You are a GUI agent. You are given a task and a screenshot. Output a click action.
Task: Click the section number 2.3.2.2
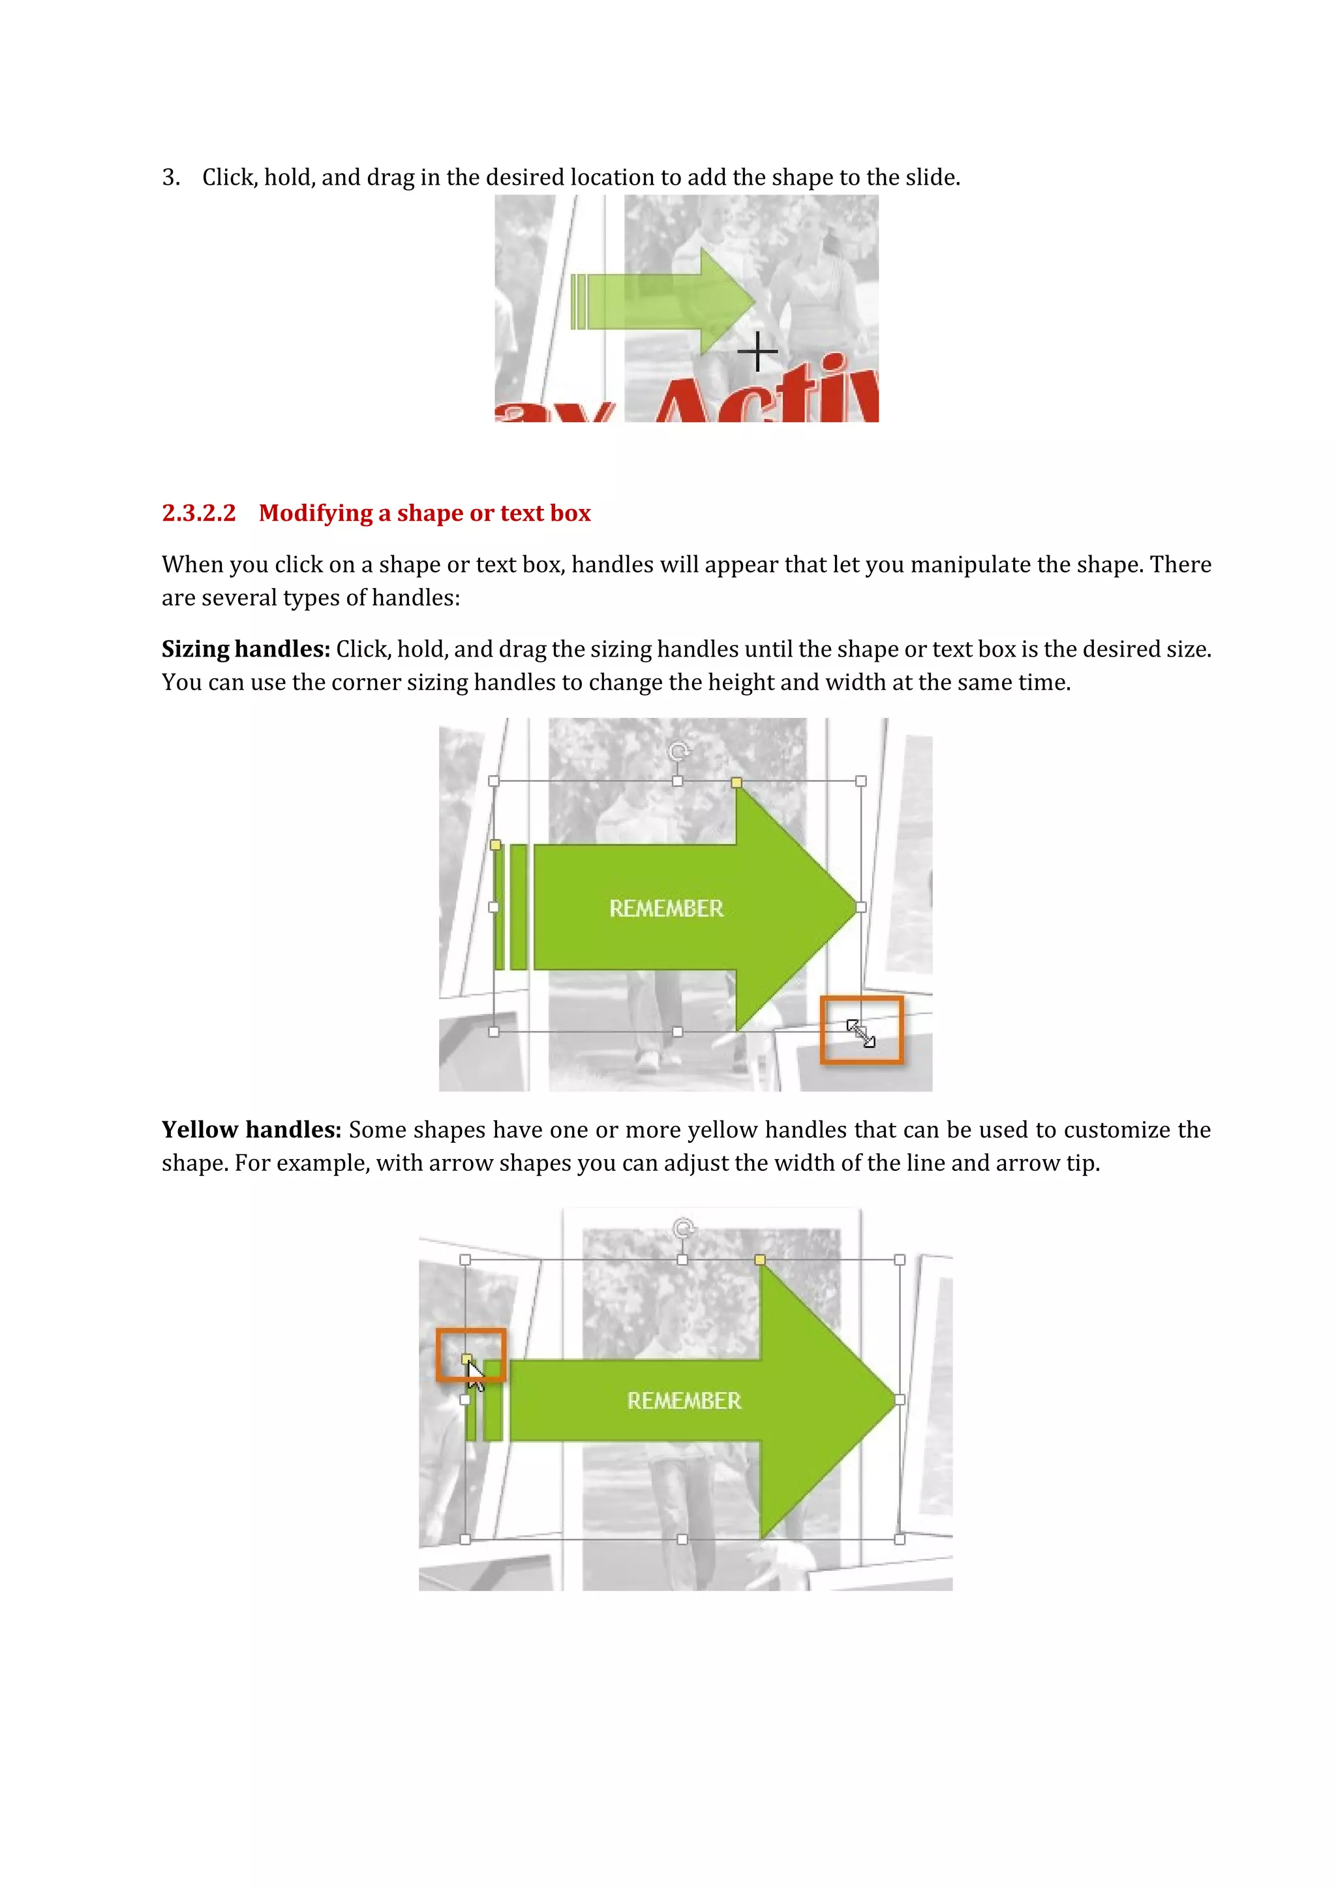(x=198, y=513)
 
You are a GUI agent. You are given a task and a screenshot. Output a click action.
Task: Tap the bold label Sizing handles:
(x=245, y=649)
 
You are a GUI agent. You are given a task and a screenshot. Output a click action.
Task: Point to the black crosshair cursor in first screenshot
(x=757, y=352)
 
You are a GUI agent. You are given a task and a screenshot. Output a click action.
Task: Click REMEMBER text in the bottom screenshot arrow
(x=684, y=1401)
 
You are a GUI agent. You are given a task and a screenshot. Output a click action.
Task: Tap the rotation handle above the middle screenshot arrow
(x=678, y=751)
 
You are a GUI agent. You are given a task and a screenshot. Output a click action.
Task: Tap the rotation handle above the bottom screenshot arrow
(x=683, y=1228)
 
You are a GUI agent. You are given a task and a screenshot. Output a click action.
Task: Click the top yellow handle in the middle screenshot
(x=736, y=782)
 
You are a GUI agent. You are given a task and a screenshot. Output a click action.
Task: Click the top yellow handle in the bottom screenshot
(x=759, y=1260)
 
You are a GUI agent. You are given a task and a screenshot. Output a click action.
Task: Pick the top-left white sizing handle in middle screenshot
(x=494, y=781)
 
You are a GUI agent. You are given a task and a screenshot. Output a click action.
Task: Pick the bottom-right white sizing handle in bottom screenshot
(x=899, y=1538)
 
